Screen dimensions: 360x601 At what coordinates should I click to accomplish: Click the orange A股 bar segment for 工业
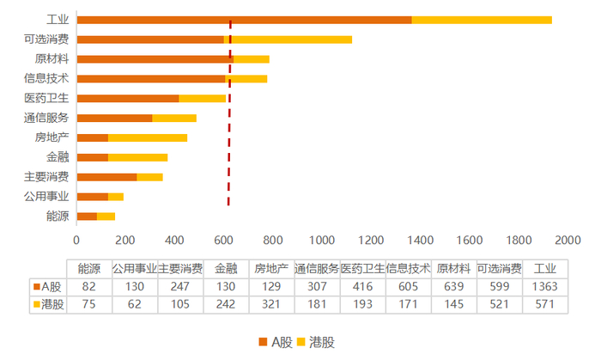tap(244, 20)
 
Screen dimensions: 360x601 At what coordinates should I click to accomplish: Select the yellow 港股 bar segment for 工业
tap(481, 20)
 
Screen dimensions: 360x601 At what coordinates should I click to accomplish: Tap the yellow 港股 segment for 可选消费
tap(288, 40)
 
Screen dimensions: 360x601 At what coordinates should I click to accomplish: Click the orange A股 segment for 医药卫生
tap(127, 98)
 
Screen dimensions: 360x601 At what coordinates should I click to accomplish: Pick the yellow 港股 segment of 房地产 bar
tap(148, 137)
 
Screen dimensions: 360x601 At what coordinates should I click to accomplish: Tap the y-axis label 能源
tap(58, 216)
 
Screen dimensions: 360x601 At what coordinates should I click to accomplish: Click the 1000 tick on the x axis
tap(322, 241)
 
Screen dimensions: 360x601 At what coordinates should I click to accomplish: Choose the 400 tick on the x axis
tap(174, 241)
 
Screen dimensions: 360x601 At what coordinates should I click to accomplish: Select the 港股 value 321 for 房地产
tap(271, 304)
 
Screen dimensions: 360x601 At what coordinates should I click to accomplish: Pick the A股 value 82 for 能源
tap(88, 286)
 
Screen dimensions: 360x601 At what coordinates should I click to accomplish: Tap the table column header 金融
tap(225, 268)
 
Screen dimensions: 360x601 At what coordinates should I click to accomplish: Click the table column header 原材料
tap(452, 268)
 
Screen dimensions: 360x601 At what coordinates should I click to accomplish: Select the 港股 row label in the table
tap(48, 304)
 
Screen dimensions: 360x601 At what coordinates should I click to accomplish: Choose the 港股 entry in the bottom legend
tap(318, 342)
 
